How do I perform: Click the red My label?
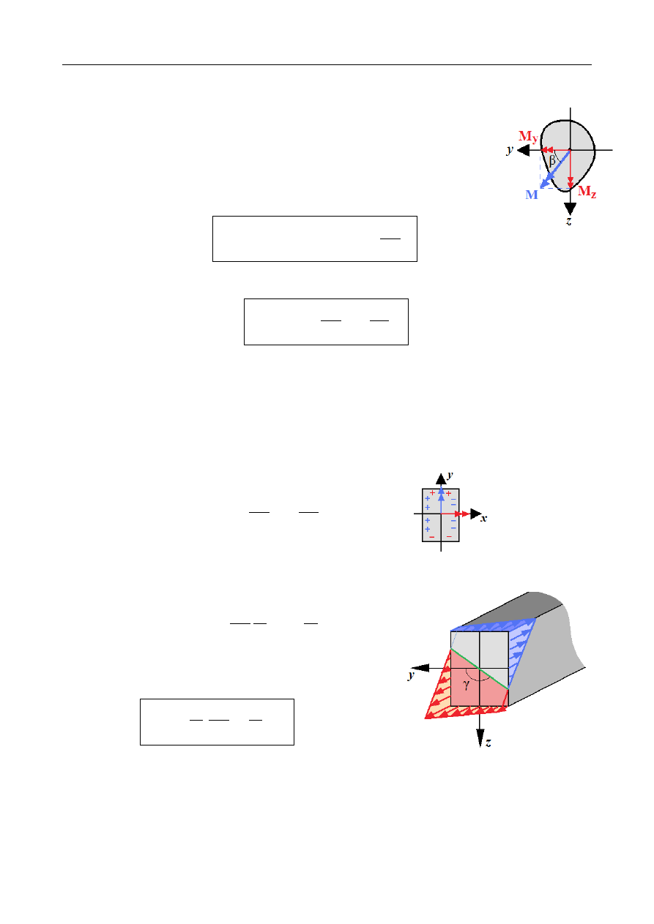click(528, 136)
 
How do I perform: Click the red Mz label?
click(587, 192)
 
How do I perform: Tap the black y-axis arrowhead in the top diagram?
click(523, 150)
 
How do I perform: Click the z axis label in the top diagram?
click(569, 220)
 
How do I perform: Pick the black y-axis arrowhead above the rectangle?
click(441, 479)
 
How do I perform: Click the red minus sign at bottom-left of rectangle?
click(432, 537)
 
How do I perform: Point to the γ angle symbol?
click(466, 685)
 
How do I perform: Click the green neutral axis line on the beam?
click(479, 668)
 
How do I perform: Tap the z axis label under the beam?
click(488, 743)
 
